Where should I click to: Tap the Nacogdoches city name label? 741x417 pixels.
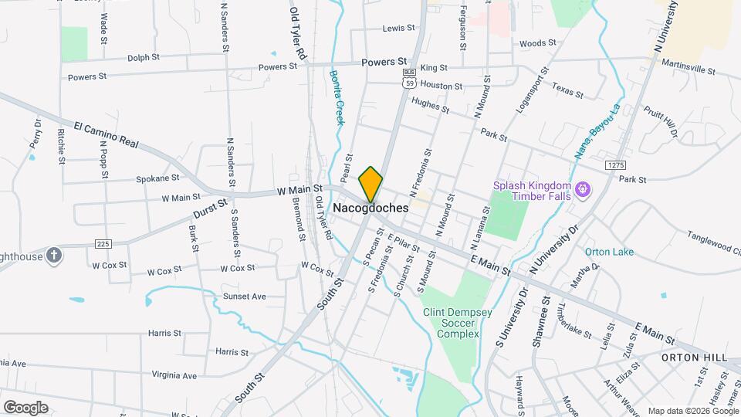pos(370,208)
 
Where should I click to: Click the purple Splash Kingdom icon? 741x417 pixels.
pos(583,188)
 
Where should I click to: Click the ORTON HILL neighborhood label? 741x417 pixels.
pos(694,358)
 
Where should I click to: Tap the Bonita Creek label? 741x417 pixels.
pos(337,97)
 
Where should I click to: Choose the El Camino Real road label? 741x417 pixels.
pos(106,134)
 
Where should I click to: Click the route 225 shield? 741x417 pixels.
pos(102,243)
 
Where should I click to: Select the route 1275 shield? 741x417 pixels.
pos(614,164)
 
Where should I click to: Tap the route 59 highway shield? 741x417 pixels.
pos(408,80)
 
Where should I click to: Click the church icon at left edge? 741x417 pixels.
pos(53,255)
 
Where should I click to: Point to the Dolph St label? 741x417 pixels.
pos(144,56)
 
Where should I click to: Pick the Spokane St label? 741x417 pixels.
pos(157,178)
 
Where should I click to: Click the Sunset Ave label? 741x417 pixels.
pos(244,296)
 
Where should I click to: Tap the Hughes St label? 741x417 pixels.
pos(430,105)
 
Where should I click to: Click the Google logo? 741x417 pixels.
pos(26,408)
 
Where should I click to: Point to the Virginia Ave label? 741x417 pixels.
pos(174,375)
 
